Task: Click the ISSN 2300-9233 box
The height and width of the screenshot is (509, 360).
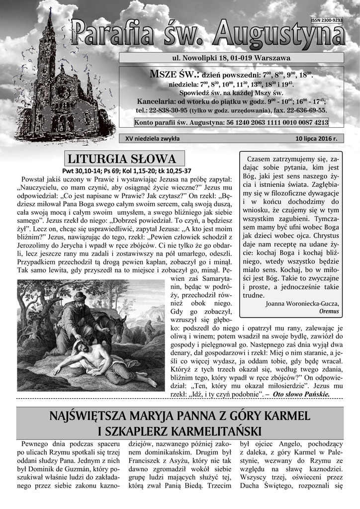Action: click(x=326, y=20)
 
